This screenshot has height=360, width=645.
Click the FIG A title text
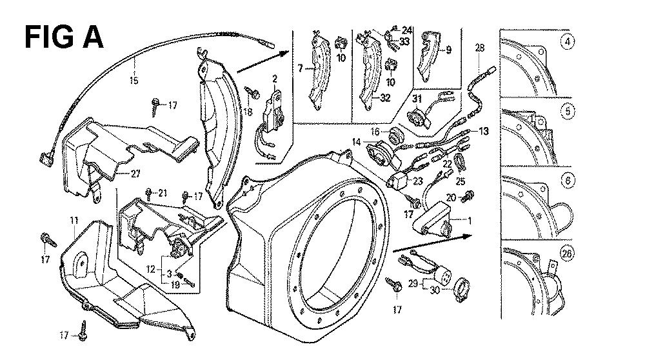(63, 37)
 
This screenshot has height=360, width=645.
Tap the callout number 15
(134, 81)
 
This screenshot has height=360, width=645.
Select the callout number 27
(135, 173)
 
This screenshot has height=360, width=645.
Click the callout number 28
(479, 46)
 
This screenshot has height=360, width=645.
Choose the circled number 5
(568, 111)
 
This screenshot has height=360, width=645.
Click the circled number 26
(567, 252)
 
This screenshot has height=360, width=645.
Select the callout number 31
(416, 98)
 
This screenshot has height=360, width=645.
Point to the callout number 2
(274, 79)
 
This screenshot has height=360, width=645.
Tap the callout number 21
(163, 193)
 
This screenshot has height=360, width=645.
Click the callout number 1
(469, 221)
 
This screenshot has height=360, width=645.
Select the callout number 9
(448, 49)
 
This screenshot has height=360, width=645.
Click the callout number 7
(299, 68)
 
